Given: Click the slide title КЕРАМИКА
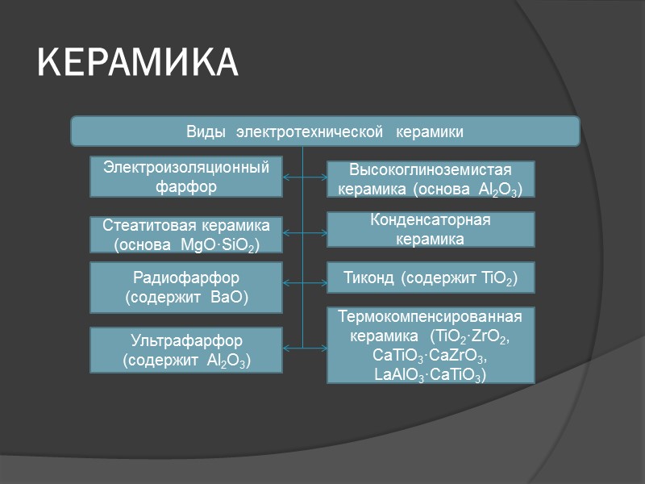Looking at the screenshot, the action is [138, 63].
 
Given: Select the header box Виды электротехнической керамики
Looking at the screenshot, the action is [325, 131].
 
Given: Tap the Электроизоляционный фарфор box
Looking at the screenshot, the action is [185, 177].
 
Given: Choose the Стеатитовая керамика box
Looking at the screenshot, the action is [185, 234].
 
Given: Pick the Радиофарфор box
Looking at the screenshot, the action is [185, 287].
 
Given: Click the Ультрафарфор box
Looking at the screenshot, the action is [185, 350].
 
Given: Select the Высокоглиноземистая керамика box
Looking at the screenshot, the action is [431, 180].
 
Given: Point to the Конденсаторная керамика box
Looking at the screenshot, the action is [431, 229].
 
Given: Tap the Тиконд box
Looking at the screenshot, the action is [431, 277].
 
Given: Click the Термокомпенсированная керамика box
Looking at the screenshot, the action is [431, 345].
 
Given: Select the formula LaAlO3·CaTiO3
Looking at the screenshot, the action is [431, 375].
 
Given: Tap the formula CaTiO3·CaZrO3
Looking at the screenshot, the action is [431, 356].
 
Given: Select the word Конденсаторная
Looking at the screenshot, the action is [431, 219].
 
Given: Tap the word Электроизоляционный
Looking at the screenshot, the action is [185, 167].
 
